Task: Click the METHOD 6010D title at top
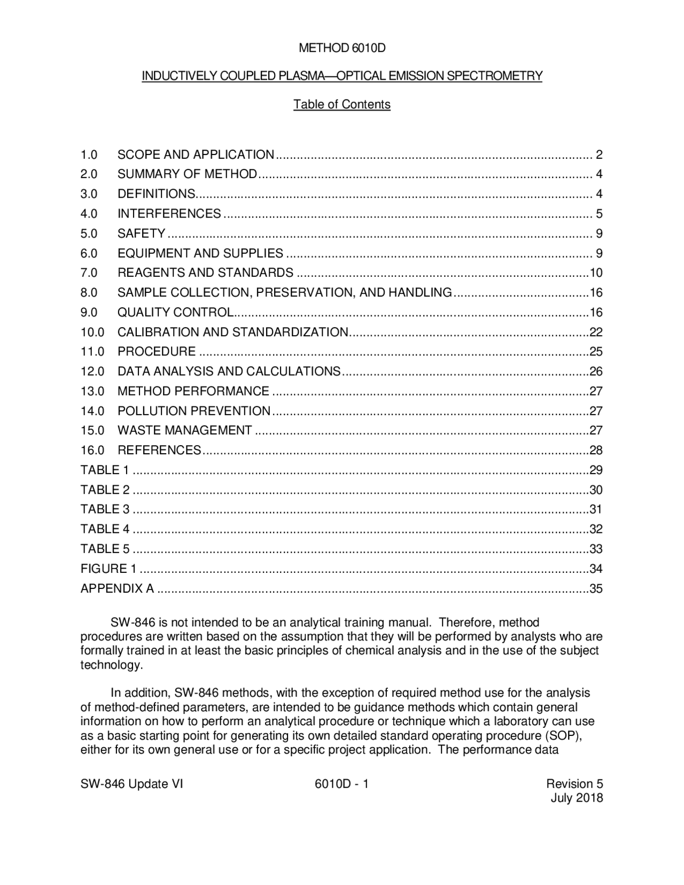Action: [x=342, y=49]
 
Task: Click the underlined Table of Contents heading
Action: [x=342, y=104]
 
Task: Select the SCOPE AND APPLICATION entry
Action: [x=196, y=155]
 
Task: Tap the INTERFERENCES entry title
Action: [x=169, y=214]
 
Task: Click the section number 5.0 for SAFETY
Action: [x=89, y=234]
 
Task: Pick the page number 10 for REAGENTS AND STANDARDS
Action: [x=596, y=273]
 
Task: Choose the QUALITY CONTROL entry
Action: [x=175, y=313]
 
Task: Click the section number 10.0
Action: [x=92, y=332]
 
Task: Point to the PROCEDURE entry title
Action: [x=157, y=352]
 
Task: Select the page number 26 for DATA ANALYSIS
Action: [x=596, y=371]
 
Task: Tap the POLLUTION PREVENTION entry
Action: [x=194, y=411]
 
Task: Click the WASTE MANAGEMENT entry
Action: [x=184, y=431]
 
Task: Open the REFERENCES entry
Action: [x=159, y=451]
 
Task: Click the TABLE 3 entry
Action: [x=105, y=509]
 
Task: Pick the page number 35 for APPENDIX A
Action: [x=596, y=589]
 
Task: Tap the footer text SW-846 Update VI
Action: [x=131, y=784]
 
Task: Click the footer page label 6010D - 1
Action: [x=342, y=784]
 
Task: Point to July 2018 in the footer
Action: [x=577, y=798]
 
